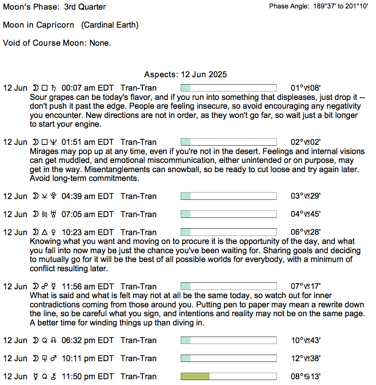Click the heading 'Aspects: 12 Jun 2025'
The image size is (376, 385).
pyautogui.click(x=185, y=75)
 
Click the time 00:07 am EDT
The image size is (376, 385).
pyautogui.click(x=87, y=88)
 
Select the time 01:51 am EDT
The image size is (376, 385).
pyautogui.click(x=87, y=142)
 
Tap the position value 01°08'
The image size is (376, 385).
pyautogui.click(x=305, y=88)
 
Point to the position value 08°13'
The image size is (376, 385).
pyautogui.click(x=305, y=377)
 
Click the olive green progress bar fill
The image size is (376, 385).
pyautogui.click(x=195, y=377)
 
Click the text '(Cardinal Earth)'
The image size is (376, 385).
pyautogui.click(x=110, y=25)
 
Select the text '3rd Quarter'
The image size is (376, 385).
pyautogui.click(x=85, y=7)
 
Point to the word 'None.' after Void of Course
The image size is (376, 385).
pyautogui.click(x=100, y=43)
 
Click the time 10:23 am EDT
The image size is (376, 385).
pyautogui.click(x=87, y=232)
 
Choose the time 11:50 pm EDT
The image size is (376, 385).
pyautogui.click(x=87, y=377)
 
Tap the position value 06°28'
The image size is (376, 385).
pyautogui.click(x=305, y=232)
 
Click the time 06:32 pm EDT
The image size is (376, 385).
pyautogui.click(x=87, y=340)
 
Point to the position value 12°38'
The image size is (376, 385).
pyautogui.click(x=305, y=358)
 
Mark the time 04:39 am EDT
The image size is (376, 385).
pyautogui.click(x=87, y=196)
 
